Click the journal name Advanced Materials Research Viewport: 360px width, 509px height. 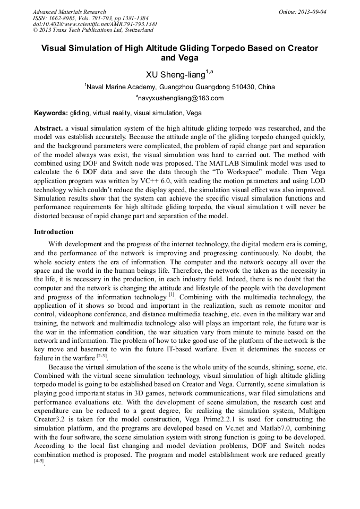69,12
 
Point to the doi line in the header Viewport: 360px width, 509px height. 95,24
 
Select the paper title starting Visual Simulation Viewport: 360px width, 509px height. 179,53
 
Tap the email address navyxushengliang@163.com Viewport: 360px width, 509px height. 180,98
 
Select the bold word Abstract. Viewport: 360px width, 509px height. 49,128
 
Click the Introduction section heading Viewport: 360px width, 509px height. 54,232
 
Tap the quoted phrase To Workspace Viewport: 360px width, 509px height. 209,171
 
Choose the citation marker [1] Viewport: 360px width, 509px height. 172,294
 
